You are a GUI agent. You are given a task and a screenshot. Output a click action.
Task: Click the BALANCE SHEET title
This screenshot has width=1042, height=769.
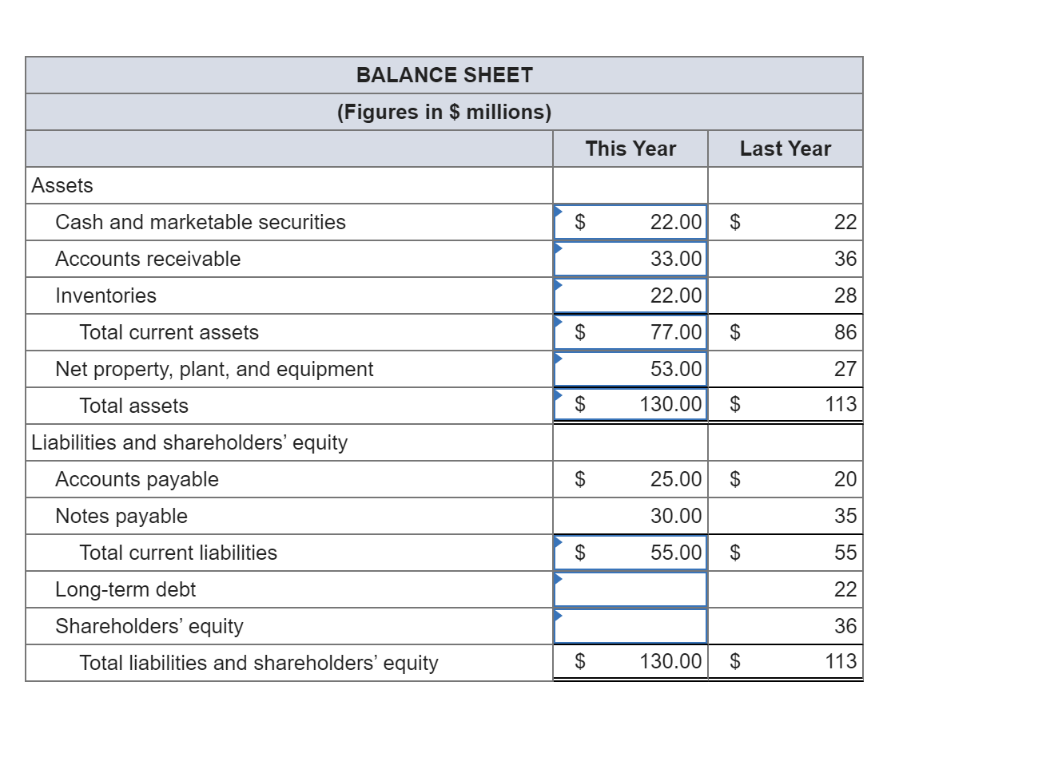point(444,75)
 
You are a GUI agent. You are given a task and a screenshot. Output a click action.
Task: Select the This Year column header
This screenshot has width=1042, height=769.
point(630,149)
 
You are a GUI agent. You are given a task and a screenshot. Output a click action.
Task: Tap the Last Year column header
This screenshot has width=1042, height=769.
point(785,149)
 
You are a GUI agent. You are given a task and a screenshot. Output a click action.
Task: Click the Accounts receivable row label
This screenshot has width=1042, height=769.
point(148,259)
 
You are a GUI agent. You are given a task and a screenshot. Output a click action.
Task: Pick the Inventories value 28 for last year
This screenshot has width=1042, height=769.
point(845,295)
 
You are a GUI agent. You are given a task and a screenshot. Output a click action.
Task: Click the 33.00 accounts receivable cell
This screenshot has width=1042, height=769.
point(675,259)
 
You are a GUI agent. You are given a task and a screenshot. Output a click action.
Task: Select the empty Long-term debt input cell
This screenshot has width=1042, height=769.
point(630,589)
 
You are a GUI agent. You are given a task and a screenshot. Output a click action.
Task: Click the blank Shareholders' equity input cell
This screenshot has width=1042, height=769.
point(630,626)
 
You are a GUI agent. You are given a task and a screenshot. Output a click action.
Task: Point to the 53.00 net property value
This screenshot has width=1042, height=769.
point(675,369)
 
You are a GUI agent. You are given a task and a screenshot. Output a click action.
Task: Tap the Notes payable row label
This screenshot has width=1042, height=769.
point(121,516)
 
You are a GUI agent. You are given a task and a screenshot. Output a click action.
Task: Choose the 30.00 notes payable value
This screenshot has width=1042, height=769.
point(675,516)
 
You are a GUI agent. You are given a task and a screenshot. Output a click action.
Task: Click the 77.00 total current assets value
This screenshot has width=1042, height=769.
point(675,332)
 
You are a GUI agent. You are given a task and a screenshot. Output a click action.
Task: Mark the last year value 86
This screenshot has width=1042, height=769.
point(845,332)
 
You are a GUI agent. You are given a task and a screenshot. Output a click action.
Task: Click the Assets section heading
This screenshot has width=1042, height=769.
point(62,185)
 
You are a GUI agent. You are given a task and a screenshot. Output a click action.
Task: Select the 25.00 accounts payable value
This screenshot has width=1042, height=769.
point(675,479)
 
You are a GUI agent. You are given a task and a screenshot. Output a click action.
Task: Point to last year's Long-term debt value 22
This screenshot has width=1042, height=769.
point(845,589)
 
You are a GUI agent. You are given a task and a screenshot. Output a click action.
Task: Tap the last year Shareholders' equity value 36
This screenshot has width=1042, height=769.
point(845,626)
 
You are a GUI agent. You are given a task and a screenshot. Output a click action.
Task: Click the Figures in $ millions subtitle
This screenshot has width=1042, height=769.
point(444,112)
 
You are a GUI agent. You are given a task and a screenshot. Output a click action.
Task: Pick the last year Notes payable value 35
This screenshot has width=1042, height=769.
point(845,516)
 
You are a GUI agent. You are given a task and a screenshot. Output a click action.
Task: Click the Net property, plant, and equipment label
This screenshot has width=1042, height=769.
point(214,369)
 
